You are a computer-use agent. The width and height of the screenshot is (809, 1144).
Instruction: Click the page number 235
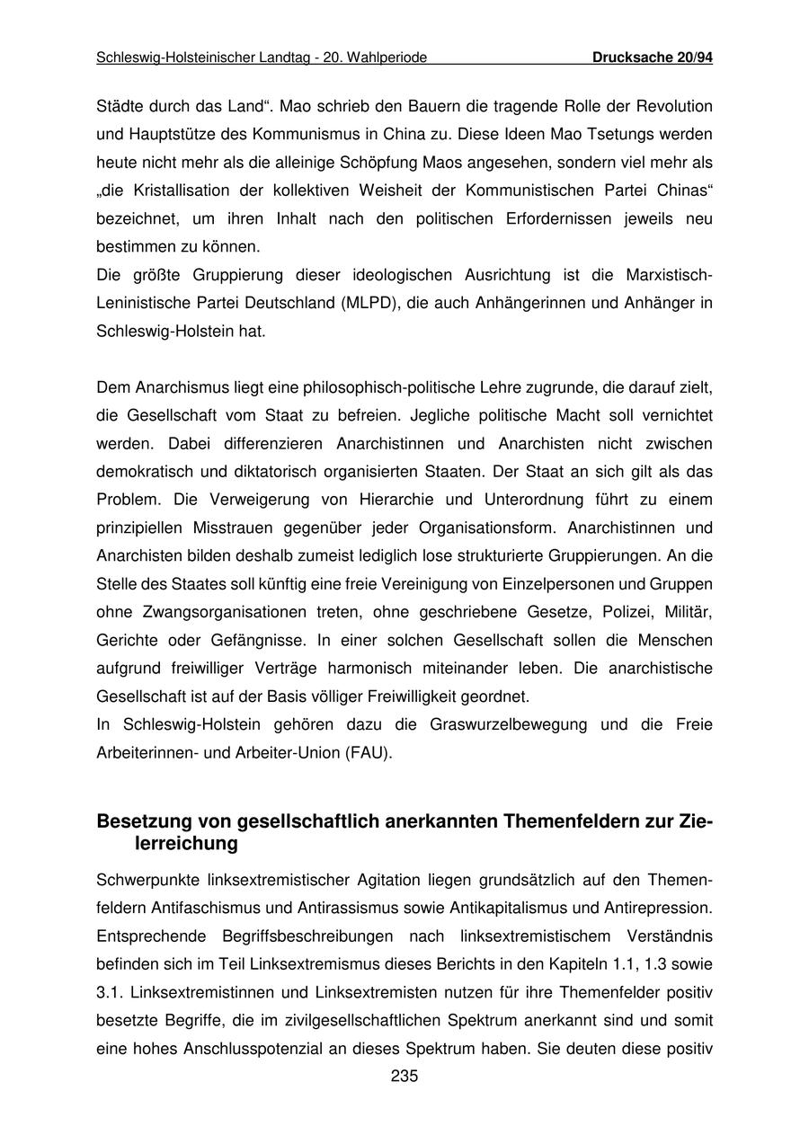click(x=404, y=1077)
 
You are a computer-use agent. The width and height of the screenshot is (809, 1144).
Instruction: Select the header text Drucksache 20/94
click(x=653, y=58)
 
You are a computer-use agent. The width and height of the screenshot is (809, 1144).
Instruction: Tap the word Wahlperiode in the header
click(x=388, y=58)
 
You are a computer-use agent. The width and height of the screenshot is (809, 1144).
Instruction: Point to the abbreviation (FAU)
click(x=367, y=752)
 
